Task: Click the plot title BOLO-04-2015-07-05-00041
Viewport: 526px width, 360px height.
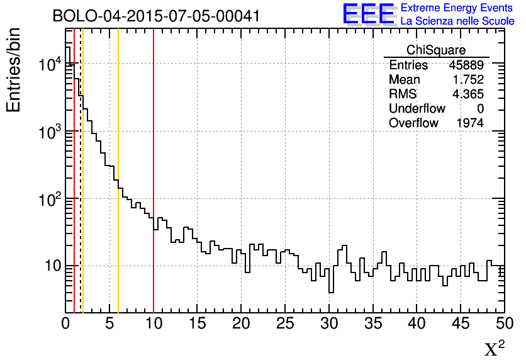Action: [x=156, y=16]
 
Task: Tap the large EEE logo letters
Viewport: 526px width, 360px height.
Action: [x=368, y=14]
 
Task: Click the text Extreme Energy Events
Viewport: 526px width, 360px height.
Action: [x=457, y=9]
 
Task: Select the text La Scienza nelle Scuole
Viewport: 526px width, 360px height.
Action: [x=457, y=21]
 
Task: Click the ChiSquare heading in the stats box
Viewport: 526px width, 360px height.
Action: [x=436, y=50]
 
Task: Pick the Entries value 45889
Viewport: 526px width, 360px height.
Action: [x=466, y=65]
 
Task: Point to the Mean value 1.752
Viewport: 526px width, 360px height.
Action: [x=468, y=79]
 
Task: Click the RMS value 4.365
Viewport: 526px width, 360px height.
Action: [x=468, y=94]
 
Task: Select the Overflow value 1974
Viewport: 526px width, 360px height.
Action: [x=470, y=123]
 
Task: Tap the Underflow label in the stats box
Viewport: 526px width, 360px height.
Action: [x=417, y=108]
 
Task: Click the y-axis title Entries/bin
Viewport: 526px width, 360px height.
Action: [x=14, y=70]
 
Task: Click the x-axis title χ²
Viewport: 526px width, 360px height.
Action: [x=495, y=347]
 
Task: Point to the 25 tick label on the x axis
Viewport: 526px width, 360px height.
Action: [x=285, y=323]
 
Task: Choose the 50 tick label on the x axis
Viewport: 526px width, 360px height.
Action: [x=503, y=323]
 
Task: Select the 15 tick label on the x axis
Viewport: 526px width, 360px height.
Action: [x=198, y=323]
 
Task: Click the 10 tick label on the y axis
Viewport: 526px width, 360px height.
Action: [x=51, y=266]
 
